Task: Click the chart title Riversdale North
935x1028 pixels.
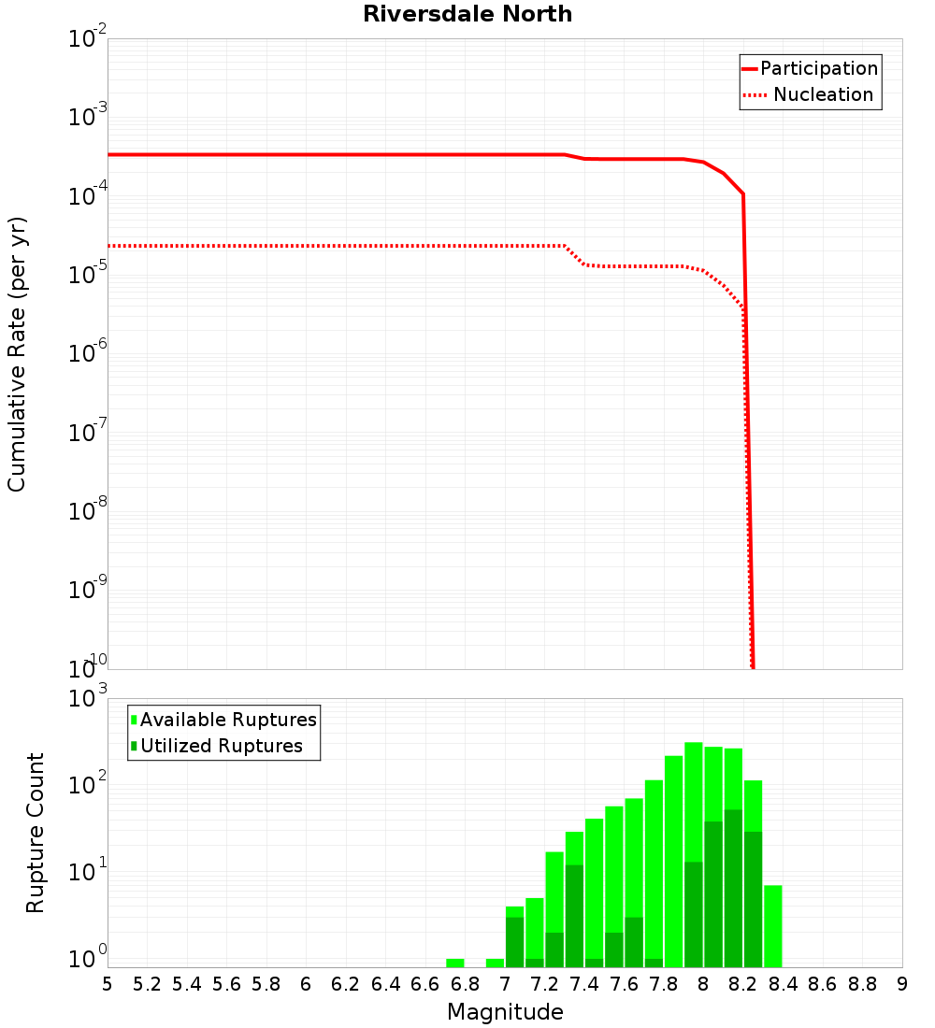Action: click(467, 14)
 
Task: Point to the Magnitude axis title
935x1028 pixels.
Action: click(505, 1012)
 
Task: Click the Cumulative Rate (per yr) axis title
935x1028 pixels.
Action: click(17, 354)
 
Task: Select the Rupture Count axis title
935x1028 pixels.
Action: click(36, 833)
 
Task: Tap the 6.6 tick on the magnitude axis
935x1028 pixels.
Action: click(425, 984)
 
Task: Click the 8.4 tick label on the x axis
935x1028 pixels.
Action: click(783, 984)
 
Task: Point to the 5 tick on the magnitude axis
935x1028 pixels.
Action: click(108, 984)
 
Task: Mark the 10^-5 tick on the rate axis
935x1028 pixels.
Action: click(88, 274)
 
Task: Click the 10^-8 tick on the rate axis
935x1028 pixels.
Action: click(88, 510)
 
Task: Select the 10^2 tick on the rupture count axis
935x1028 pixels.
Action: click(88, 784)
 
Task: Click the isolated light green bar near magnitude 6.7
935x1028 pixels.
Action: click(455, 963)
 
